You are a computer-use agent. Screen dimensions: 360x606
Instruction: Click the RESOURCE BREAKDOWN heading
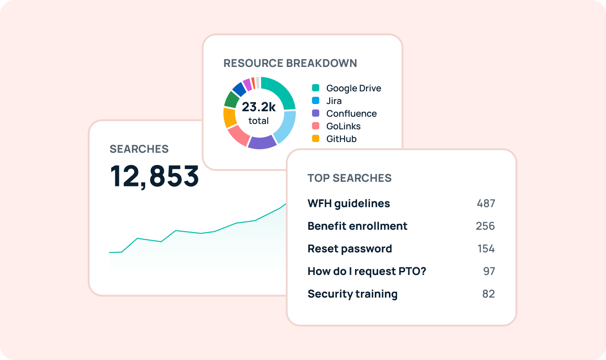click(290, 63)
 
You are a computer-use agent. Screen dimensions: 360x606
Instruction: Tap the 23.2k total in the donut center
click(259, 113)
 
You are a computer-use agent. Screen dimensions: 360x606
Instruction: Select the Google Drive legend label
click(354, 88)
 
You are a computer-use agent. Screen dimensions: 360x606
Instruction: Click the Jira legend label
click(334, 101)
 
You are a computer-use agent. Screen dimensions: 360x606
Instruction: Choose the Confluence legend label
click(351, 114)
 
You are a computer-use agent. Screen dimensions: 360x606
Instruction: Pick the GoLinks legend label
click(343, 126)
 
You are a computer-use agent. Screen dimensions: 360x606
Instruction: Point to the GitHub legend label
click(341, 139)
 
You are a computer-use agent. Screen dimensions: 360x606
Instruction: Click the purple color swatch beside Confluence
click(316, 113)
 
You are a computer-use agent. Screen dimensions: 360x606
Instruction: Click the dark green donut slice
click(231, 99)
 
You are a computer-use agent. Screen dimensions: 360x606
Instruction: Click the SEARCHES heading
click(139, 149)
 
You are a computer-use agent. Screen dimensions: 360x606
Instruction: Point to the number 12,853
click(154, 176)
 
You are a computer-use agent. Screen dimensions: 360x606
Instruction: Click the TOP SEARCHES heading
click(349, 178)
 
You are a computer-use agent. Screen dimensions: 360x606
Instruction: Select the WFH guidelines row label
click(348, 204)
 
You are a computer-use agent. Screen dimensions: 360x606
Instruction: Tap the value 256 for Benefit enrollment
click(485, 226)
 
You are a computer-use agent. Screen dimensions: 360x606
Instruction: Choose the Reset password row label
click(350, 249)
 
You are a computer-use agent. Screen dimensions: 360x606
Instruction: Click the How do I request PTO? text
click(367, 271)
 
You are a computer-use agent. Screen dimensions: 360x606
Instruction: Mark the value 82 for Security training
click(488, 294)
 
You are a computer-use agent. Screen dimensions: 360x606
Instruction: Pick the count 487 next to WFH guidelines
click(486, 204)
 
